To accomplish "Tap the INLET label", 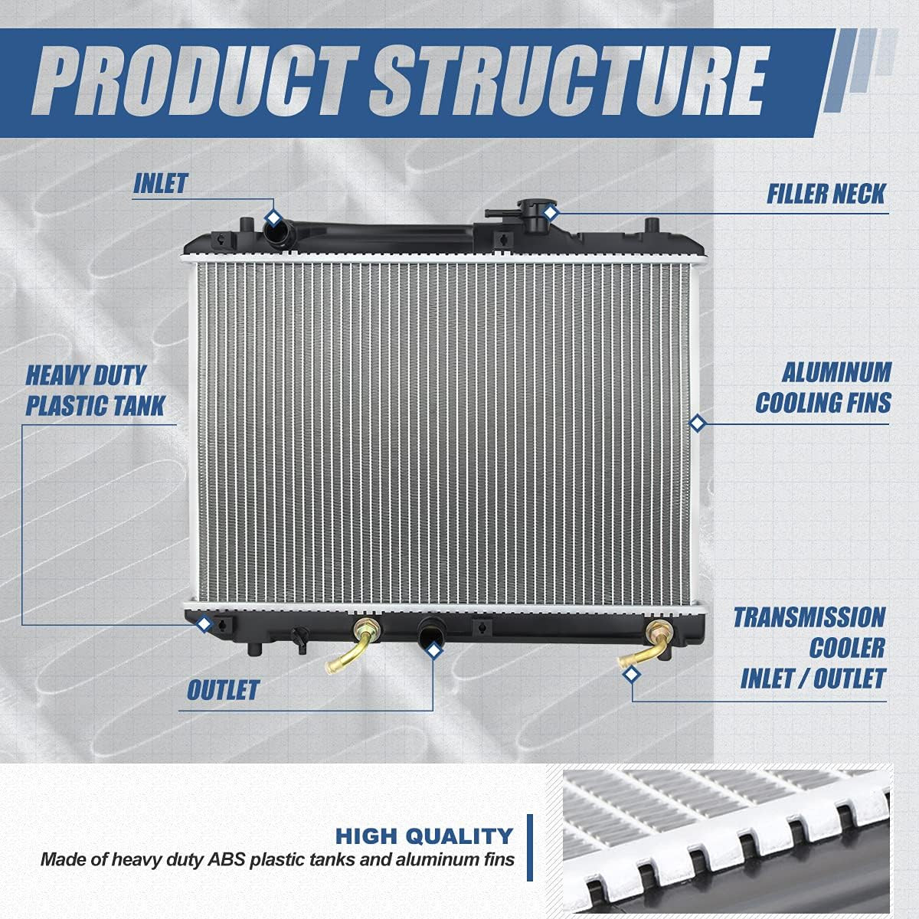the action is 160,184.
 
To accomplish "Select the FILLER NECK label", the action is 826,194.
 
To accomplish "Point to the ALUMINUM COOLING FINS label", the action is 824,388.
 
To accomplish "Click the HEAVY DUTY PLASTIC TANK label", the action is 95,391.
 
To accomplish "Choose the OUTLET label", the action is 223,690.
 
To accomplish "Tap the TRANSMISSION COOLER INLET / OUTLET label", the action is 810,648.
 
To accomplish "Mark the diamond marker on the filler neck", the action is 549,211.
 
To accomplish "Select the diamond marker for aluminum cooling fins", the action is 697,423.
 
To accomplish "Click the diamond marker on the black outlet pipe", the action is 433,651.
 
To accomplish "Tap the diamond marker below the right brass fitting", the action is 632,674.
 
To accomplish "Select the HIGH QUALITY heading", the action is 424,836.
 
